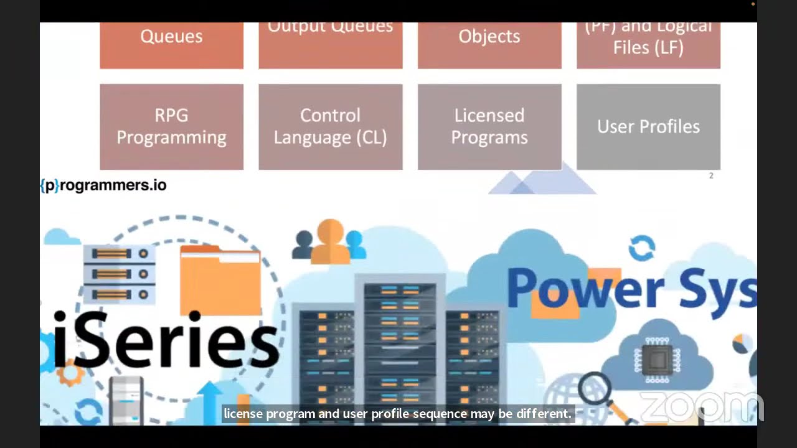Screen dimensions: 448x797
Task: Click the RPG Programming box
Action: [x=171, y=126]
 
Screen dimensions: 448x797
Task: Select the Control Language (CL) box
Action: [x=330, y=126]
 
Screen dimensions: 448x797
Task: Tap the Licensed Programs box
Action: [x=489, y=126]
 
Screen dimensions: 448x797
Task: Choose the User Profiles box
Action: [x=648, y=126]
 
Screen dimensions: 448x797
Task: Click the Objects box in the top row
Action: [x=489, y=44]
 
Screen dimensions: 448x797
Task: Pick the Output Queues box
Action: [x=330, y=44]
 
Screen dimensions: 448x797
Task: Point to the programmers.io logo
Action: [x=103, y=185]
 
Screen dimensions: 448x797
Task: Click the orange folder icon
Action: [x=220, y=280]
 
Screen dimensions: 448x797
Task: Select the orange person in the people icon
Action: [x=330, y=241]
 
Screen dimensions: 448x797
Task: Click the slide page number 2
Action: [x=711, y=176]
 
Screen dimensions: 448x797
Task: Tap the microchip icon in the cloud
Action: [x=657, y=359]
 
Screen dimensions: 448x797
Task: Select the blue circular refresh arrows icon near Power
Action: [x=641, y=248]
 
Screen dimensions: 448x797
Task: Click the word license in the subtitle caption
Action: [x=243, y=414]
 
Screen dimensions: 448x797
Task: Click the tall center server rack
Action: [x=400, y=348]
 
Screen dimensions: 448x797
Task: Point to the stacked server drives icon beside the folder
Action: [x=119, y=274]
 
